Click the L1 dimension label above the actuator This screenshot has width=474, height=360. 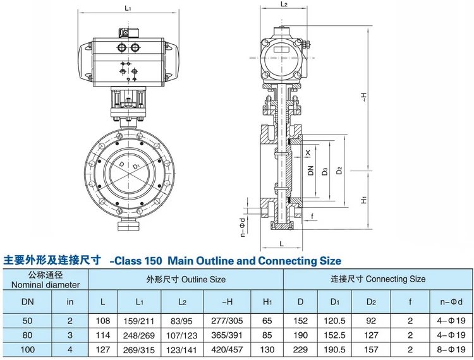(x=128, y=8)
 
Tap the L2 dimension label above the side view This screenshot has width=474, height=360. (x=284, y=4)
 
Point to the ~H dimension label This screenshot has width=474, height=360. (x=364, y=97)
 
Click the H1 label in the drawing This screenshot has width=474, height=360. (x=364, y=200)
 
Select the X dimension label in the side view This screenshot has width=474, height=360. (x=308, y=153)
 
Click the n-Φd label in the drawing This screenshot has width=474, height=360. (x=243, y=227)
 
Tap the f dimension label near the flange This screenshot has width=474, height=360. (x=312, y=216)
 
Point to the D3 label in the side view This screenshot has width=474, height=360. (x=325, y=172)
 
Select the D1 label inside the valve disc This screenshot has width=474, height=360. (x=135, y=167)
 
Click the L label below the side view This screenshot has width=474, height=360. (x=281, y=243)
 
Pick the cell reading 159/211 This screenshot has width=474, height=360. (x=139, y=321)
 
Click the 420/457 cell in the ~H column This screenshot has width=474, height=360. (x=227, y=349)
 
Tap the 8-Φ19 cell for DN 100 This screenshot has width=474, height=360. (x=451, y=349)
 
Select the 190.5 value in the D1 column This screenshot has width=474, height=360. (x=334, y=349)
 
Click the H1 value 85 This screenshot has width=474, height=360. (x=267, y=335)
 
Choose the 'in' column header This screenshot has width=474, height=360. (x=70, y=302)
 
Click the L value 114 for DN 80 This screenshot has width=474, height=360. (x=103, y=335)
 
